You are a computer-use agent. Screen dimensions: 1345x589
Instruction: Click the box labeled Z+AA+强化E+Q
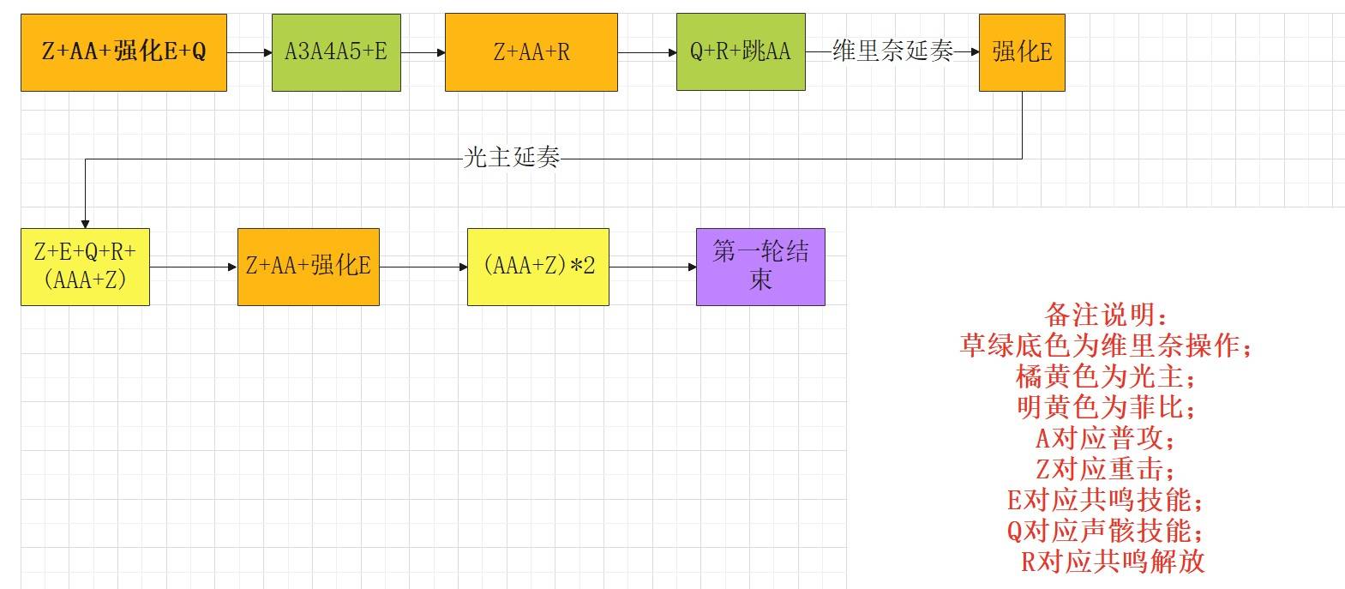pos(123,53)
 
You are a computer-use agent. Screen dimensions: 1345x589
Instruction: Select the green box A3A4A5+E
pos(336,53)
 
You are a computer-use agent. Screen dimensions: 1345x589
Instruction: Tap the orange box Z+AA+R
pos(531,53)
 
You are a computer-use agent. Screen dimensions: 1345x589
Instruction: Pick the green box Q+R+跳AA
pos(741,52)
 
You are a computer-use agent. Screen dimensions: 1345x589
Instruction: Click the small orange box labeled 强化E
pos(1022,53)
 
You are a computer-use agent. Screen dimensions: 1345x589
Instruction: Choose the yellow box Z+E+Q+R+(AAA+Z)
pos(85,267)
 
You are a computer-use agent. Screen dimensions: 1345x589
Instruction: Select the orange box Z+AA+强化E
pos(309,267)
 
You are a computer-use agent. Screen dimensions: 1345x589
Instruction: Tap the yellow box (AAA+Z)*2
pos(538,267)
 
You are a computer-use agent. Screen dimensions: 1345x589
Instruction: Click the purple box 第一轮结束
pos(760,267)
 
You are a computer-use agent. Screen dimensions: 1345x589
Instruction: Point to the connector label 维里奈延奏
pos(893,51)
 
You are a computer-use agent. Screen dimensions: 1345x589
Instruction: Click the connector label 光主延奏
pos(512,158)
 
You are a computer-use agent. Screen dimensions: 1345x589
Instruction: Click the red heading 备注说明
pos(1106,315)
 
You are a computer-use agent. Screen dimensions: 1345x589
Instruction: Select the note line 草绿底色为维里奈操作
pos(1106,346)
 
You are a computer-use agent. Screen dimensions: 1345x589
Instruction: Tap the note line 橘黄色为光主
pos(1106,377)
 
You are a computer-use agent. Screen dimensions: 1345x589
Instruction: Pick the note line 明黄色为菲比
pos(1106,408)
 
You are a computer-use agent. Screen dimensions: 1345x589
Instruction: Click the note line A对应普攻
pos(1106,439)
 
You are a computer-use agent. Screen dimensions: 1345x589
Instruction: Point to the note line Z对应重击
pos(1106,470)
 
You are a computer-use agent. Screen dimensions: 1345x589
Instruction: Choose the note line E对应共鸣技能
pos(1106,501)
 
